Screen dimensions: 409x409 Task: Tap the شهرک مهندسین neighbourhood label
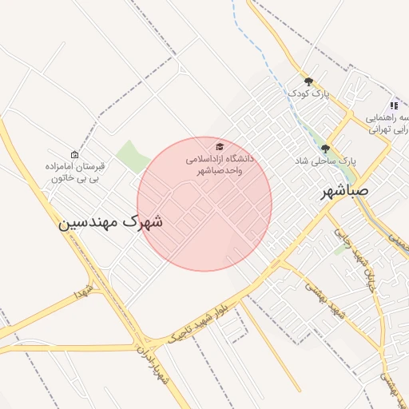(x=110, y=222)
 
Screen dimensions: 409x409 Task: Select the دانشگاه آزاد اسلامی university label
(x=219, y=165)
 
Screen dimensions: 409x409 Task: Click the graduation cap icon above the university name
(x=219, y=147)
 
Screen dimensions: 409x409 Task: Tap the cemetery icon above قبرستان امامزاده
(x=75, y=154)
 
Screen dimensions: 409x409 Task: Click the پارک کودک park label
(x=309, y=94)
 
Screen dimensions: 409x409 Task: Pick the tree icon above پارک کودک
(x=309, y=81)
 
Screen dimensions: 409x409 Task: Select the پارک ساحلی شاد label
(x=325, y=161)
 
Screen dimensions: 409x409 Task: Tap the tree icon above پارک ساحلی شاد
(x=325, y=148)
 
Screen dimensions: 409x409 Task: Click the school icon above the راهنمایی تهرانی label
(x=393, y=105)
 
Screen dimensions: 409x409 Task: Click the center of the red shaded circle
(x=204, y=204)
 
